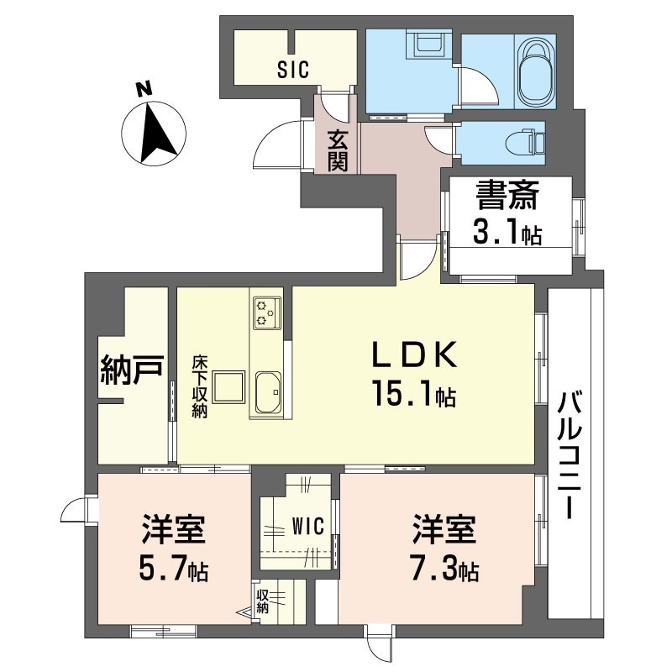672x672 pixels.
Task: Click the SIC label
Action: (293, 70)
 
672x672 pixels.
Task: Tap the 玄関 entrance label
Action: (338, 150)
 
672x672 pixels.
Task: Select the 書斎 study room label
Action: (507, 196)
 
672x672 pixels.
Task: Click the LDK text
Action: (414, 355)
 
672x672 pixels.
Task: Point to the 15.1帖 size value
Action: (413, 393)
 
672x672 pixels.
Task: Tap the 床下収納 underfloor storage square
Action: (229, 387)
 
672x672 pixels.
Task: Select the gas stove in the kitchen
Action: (267, 313)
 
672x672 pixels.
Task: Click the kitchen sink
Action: (268, 392)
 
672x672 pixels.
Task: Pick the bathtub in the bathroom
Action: (535, 71)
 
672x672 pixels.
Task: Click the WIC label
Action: (307, 526)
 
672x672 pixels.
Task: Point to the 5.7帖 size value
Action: (174, 570)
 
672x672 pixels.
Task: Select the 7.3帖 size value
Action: (445, 570)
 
